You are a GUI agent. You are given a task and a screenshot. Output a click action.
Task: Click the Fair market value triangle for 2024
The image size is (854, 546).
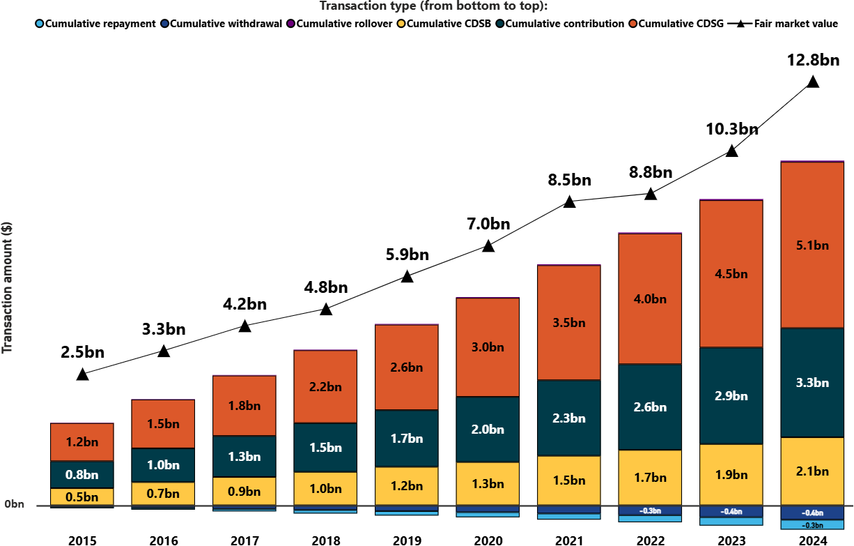pos(812,82)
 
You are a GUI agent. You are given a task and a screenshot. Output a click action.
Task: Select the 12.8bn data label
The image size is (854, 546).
pos(812,61)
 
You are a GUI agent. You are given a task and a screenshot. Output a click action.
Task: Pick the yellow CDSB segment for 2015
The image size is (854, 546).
pos(82,496)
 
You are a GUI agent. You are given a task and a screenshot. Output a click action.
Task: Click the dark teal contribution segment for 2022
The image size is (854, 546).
pos(650,407)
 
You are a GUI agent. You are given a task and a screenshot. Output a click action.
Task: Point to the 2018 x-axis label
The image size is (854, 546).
pos(325,540)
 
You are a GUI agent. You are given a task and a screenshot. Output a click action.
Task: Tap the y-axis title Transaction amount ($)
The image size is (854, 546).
pos(8,287)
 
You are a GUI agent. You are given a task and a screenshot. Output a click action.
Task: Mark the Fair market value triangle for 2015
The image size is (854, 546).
pos(82,374)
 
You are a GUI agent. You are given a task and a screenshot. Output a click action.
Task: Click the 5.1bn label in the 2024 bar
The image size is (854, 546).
pos(812,245)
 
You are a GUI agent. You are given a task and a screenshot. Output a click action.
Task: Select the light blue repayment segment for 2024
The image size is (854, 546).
pos(812,525)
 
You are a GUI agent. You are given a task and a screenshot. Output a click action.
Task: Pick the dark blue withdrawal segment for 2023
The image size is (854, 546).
pos(731,511)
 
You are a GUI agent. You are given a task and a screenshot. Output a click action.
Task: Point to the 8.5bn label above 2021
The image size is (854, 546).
pos(569,181)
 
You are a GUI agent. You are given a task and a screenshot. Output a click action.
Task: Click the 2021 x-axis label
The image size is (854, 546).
pos(569,540)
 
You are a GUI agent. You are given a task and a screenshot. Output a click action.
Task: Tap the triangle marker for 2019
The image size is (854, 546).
pos(407,277)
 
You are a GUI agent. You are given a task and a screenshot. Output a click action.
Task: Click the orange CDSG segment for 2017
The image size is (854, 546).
pos(244,404)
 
